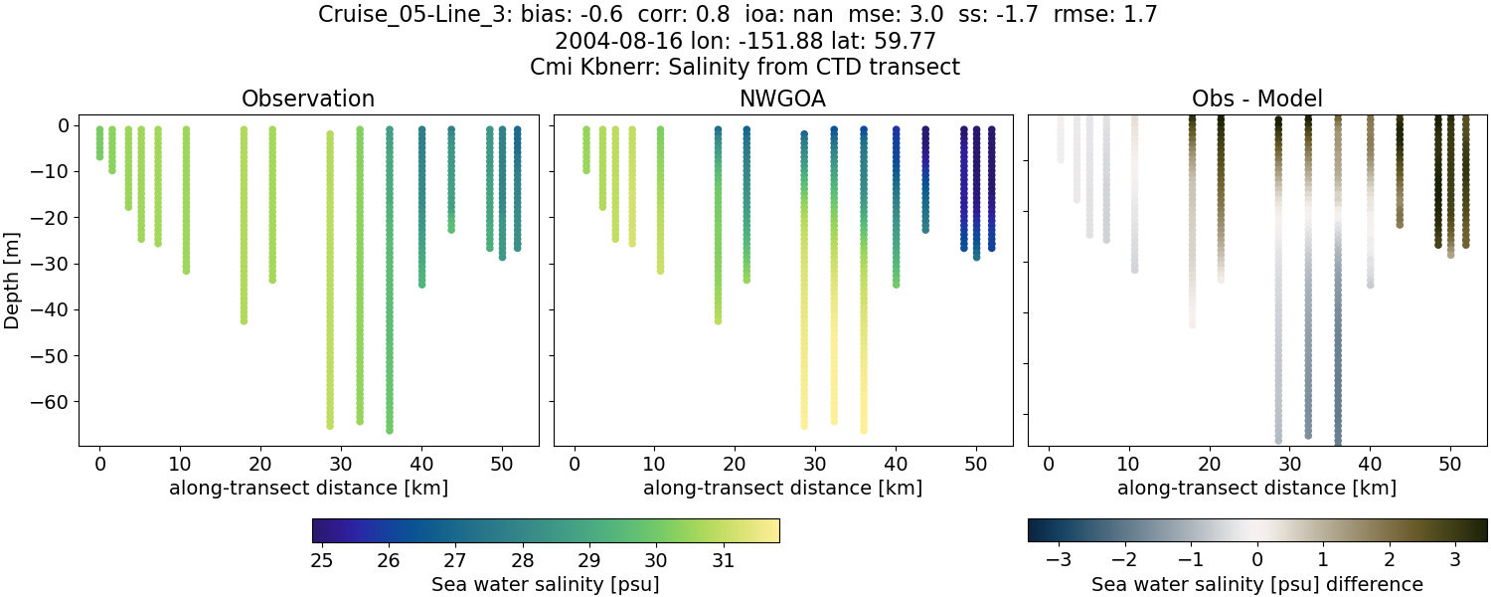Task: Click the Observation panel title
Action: pyautogui.click(x=308, y=99)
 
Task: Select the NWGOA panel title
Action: pyautogui.click(x=782, y=99)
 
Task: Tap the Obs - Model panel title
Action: pyautogui.click(x=1256, y=99)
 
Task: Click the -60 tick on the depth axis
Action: pyautogui.click(x=48, y=402)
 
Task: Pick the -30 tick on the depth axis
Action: pyautogui.click(x=48, y=264)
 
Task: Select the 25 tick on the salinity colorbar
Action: pyautogui.click(x=321, y=560)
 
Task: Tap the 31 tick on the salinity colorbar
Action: pyautogui.click(x=723, y=560)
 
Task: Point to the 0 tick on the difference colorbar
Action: pyautogui.click(x=1257, y=560)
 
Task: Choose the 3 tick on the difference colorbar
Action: pyautogui.click(x=1454, y=560)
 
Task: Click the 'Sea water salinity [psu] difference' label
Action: pyautogui.click(x=1256, y=584)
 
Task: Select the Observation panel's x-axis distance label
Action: pyautogui.click(x=308, y=489)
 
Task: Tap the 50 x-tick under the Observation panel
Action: pyautogui.click(x=502, y=465)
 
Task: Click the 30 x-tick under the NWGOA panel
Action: pyautogui.click(x=815, y=465)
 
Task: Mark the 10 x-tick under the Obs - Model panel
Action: pyautogui.click(x=1129, y=465)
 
